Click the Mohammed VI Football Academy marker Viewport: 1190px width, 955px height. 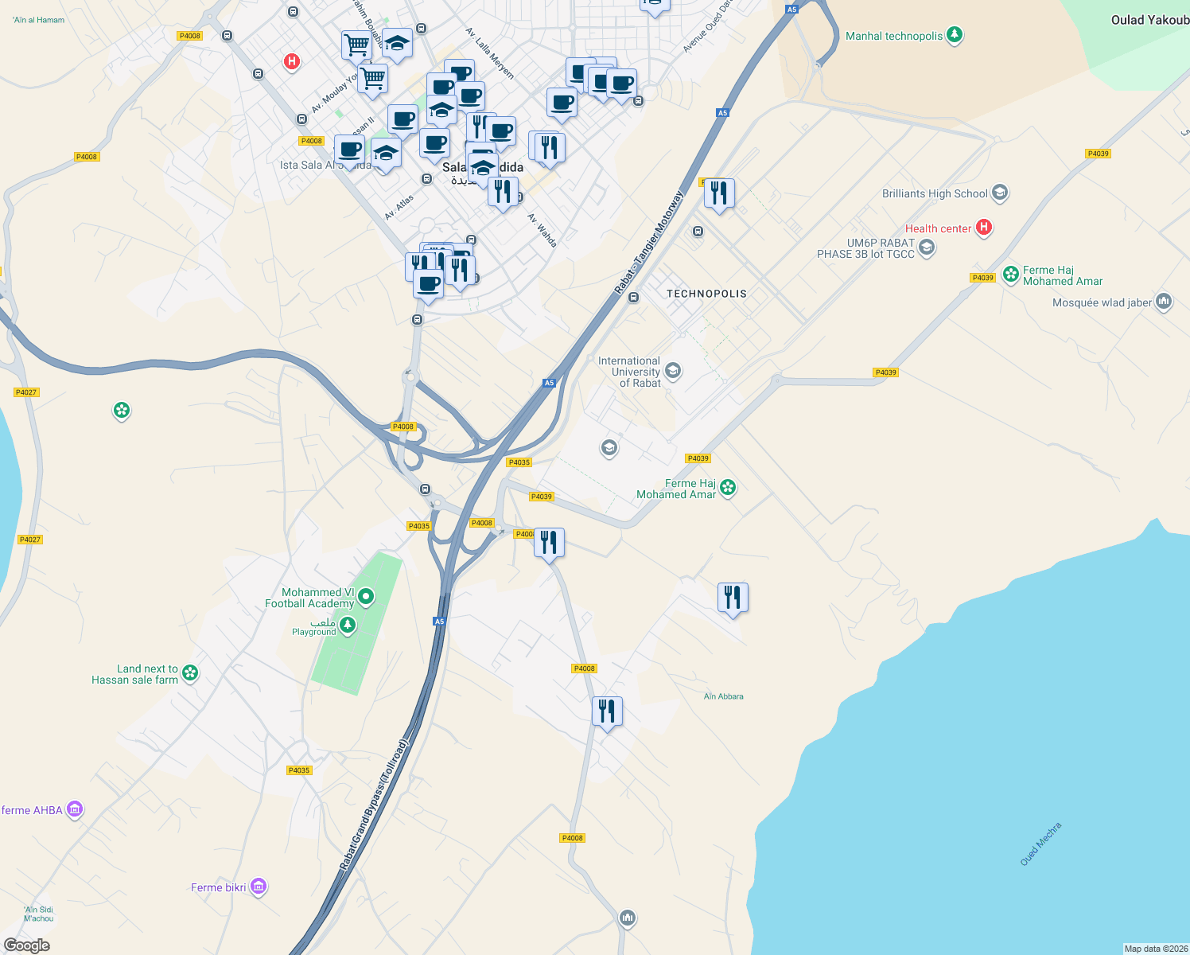tap(366, 595)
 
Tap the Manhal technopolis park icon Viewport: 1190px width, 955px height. tap(955, 35)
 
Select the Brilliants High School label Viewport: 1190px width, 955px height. tap(935, 193)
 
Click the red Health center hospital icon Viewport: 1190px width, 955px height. tap(984, 228)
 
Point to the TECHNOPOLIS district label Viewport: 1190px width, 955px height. tap(706, 294)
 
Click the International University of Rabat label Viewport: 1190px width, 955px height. tap(629, 372)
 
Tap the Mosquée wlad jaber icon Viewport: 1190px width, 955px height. tap(1165, 302)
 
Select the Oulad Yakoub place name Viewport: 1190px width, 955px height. tap(1149, 20)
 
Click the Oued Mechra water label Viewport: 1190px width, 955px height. tap(1040, 844)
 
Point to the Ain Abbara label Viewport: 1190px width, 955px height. tap(724, 696)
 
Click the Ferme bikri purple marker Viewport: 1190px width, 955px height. tap(259, 887)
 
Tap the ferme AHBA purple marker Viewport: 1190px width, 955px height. tap(75, 809)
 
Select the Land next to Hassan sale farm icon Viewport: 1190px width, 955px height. tap(190, 673)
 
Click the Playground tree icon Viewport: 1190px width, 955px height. tap(348, 626)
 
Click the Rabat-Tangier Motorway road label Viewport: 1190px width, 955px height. tap(649, 242)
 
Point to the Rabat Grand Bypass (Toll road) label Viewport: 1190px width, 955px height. tap(374, 805)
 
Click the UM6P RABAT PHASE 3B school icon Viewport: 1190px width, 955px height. tap(926, 248)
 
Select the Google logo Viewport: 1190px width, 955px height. tap(26, 945)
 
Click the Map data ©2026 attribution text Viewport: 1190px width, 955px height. tap(1156, 949)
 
